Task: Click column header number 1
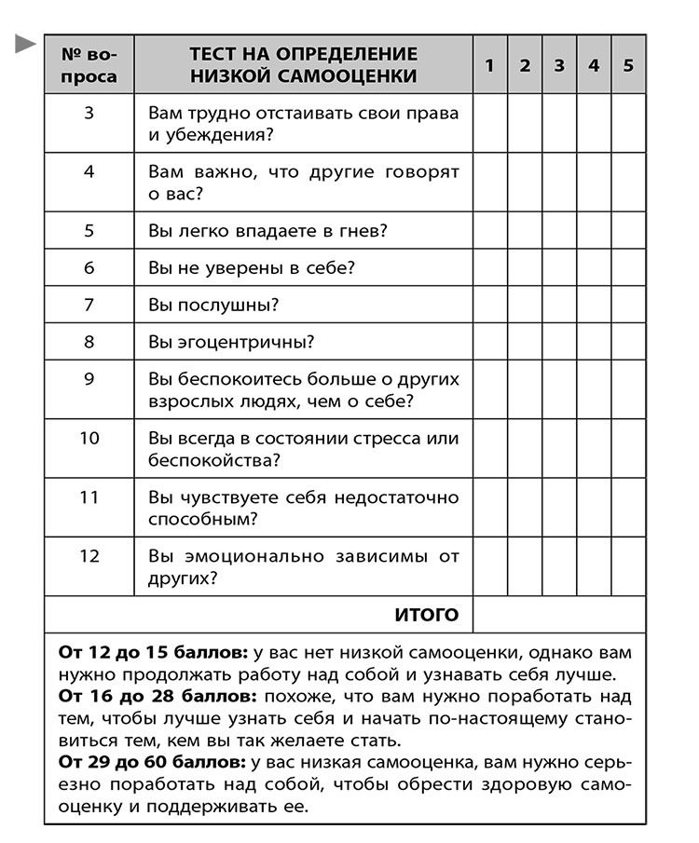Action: click(x=489, y=65)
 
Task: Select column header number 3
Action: click(x=559, y=65)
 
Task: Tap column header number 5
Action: click(x=628, y=65)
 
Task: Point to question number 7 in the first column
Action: click(x=89, y=305)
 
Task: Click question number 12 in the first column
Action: click(x=89, y=556)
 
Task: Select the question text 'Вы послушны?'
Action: click(x=214, y=305)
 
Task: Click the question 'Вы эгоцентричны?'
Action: click(x=231, y=342)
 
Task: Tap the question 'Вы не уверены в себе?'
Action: click(x=252, y=268)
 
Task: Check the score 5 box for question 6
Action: click(x=628, y=268)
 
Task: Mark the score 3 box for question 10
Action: click(x=559, y=449)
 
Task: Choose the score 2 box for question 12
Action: click(x=524, y=566)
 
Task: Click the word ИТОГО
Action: click(x=427, y=615)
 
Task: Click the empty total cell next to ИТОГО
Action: click(x=558, y=615)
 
